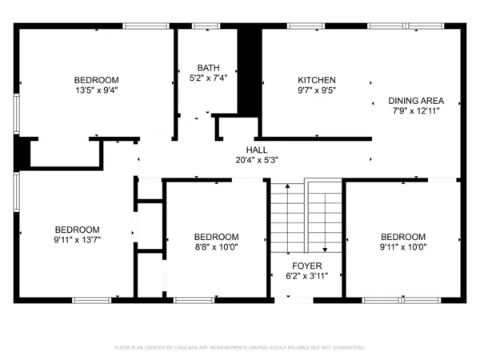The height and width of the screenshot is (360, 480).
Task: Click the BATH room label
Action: coord(209,68)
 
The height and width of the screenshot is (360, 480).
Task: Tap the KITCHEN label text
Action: coord(317,80)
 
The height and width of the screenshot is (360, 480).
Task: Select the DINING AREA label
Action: coord(416,101)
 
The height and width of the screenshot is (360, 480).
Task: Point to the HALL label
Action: coord(257,150)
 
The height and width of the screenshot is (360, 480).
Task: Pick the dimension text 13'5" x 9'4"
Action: coord(97,90)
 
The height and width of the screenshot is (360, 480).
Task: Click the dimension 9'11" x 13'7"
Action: coord(77,238)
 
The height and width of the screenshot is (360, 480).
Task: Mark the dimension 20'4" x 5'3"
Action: coord(257,160)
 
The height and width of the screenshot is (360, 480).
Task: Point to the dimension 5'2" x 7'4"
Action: coord(209,78)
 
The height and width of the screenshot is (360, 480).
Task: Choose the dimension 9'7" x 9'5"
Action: coord(317,90)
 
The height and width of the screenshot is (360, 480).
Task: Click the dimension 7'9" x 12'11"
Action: coord(416,111)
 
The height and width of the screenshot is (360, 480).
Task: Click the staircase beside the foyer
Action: coord(306,216)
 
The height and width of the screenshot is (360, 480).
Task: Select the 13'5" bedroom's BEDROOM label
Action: coord(97,80)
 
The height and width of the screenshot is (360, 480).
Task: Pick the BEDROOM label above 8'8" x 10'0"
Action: coord(216,237)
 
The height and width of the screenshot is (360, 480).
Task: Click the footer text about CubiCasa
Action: coord(240,348)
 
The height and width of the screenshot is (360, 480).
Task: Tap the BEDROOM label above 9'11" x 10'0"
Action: coord(402,237)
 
